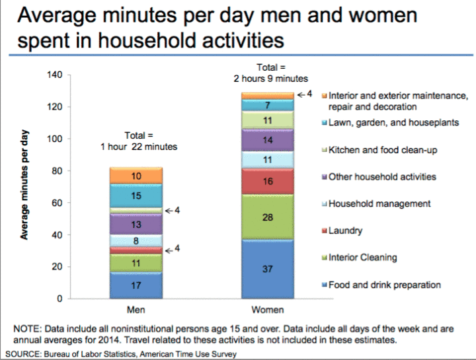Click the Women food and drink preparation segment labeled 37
tap(267, 269)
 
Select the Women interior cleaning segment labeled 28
tap(267, 217)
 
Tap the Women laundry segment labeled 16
tap(267, 181)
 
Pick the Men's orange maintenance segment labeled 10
tap(136, 176)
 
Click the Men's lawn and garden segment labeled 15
tap(136, 196)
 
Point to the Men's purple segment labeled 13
tap(136, 225)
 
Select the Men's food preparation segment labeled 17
tap(136, 286)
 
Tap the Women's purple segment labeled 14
tap(267, 140)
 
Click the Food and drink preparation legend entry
tap(384, 285)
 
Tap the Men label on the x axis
tap(136, 310)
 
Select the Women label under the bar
tap(267, 310)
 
